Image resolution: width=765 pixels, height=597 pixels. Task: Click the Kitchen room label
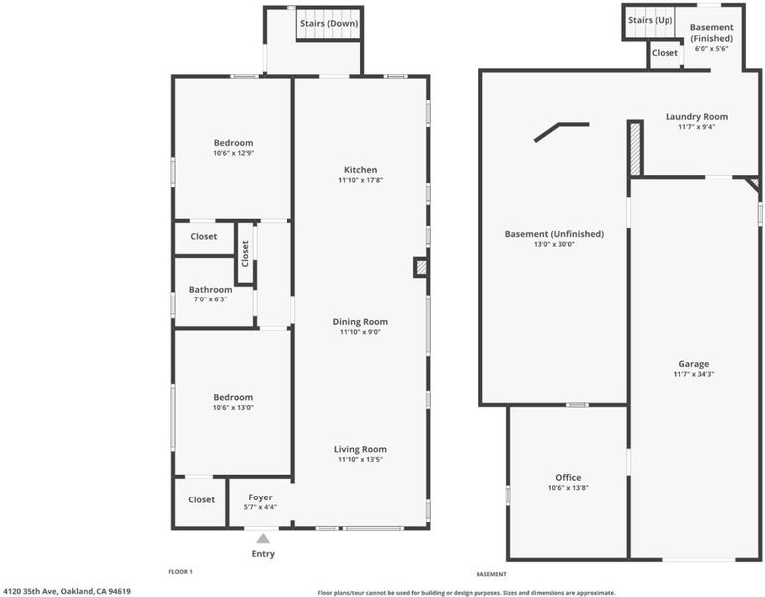pyautogui.click(x=360, y=170)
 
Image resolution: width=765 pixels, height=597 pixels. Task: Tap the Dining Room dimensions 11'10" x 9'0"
pyautogui.click(x=360, y=332)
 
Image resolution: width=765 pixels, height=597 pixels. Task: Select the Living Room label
pyautogui.click(x=360, y=449)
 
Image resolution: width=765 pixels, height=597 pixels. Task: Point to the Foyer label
pyautogui.click(x=260, y=497)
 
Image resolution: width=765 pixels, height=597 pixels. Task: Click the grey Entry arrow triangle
pyautogui.click(x=263, y=538)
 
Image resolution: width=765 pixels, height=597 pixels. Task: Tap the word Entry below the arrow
pyautogui.click(x=263, y=554)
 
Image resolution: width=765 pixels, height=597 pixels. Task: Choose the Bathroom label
pyautogui.click(x=210, y=289)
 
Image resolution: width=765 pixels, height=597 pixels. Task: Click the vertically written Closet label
pyautogui.click(x=245, y=253)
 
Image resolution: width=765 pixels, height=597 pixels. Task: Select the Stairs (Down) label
pyautogui.click(x=329, y=24)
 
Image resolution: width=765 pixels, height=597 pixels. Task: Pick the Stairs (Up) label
pyautogui.click(x=650, y=20)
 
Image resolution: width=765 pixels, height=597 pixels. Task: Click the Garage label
pyautogui.click(x=694, y=364)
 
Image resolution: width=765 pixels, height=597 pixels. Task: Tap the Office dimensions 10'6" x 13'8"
pyautogui.click(x=568, y=488)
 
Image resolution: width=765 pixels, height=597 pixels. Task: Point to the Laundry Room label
pyautogui.click(x=696, y=117)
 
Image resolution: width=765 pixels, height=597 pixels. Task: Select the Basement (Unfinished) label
pyautogui.click(x=554, y=234)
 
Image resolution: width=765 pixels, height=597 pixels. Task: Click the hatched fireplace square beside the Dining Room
pyautogui.click(x=421, y=267)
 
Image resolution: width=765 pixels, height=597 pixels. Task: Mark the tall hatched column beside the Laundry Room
pyautogui.click(x=635, y=149)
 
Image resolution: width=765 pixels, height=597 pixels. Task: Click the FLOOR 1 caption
pyautogui.click(x=180, y=571)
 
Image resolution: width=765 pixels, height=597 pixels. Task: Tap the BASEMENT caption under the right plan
pyautogui.click(x=491, y=574)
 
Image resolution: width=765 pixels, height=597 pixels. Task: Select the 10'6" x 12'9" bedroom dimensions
pyautogui.click(x=233, y=153)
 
